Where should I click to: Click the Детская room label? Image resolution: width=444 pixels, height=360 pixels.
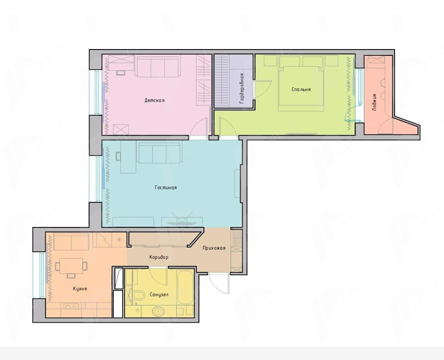[x=154, y=100]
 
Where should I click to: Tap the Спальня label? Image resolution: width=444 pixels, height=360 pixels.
[x=301, y=89]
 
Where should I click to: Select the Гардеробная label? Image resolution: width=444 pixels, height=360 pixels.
[x=242, y=88]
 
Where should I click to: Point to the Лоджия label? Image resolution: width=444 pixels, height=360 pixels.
[x=375, y=102]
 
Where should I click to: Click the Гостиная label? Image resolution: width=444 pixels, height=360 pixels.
[x=166, y=188]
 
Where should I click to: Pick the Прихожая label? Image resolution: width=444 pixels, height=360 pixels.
[x=214, y=248]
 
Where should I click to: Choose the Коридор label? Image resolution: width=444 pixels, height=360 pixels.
[x=159, y=257]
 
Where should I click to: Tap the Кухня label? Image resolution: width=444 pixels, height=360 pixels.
[x=80, y=289]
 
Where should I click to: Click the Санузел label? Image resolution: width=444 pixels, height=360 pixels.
[x=159, y=295]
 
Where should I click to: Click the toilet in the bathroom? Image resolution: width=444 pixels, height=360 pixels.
[x=138, y=295]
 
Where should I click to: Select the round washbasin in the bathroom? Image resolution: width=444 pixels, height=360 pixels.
[x=158, y=312]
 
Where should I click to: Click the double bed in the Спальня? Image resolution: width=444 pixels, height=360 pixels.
[x=301, y=89]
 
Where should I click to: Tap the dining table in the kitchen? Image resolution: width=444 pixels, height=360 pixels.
[x=72, y=266]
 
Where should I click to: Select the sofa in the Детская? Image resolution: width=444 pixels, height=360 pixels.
[x=158, y=67]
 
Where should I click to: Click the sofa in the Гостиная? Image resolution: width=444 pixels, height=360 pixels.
[x=159, y=153]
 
